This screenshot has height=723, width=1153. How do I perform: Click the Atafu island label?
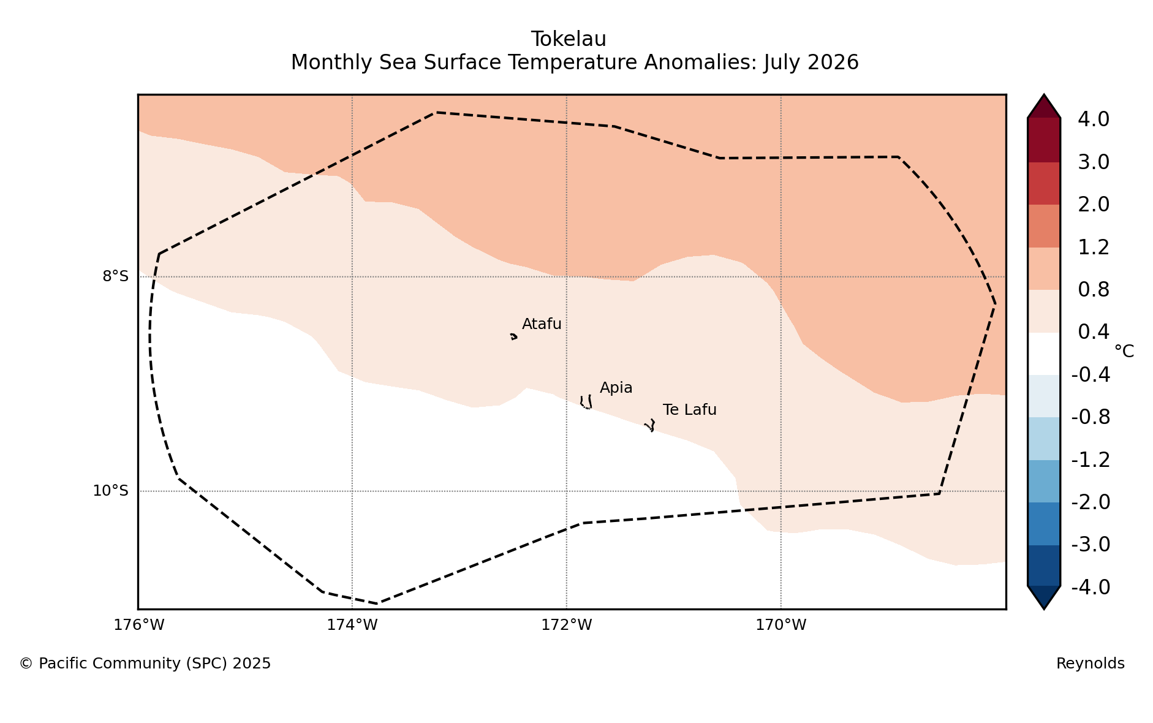[542, 324]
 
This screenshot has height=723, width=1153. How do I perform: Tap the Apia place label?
[616, 388]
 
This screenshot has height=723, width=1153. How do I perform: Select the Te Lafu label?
[689, 410]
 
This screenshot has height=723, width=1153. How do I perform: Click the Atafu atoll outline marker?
[513, 336]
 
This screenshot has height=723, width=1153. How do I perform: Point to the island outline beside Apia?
[586, 402]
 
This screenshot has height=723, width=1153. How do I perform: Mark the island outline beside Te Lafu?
[650, 425]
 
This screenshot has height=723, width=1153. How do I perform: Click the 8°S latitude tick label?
[115, 276]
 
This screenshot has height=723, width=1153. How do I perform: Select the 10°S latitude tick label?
[110, 491]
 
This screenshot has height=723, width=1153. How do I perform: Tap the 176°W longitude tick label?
[138, 625]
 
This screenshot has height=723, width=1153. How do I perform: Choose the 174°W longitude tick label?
[352, 625]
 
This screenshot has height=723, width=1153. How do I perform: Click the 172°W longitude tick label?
[566, 625]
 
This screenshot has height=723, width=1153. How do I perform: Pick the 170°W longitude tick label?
[781, 625]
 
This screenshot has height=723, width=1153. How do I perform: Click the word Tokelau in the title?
[569, 39]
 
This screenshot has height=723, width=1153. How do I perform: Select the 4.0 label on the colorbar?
[1094, 119]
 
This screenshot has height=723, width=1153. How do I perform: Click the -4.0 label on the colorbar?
[1091, 587]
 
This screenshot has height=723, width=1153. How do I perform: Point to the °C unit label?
[1124, 352]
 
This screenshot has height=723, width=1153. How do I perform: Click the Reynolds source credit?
[1090, 664]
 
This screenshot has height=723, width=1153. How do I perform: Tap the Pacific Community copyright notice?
[145, 664]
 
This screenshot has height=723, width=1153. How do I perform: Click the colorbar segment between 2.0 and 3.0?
[1044, 183]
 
